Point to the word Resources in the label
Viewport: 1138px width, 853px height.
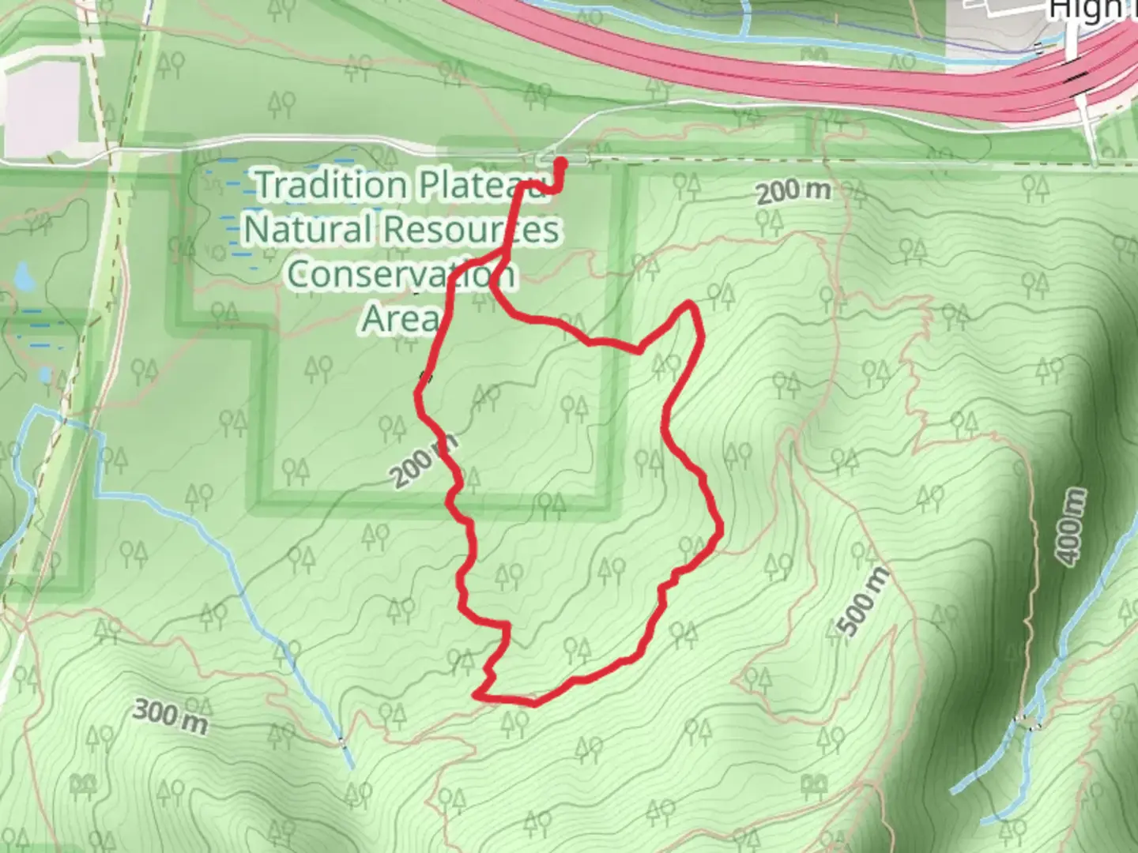point(471,230)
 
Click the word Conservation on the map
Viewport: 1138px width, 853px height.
point(401,274)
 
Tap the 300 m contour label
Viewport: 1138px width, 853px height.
point(169,716)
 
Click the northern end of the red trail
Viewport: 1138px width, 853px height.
point(563,163)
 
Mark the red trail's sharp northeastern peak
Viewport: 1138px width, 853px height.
point(691,304)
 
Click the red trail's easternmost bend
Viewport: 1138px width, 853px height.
point(720,530)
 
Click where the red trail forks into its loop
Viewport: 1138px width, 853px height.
point(499,254)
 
